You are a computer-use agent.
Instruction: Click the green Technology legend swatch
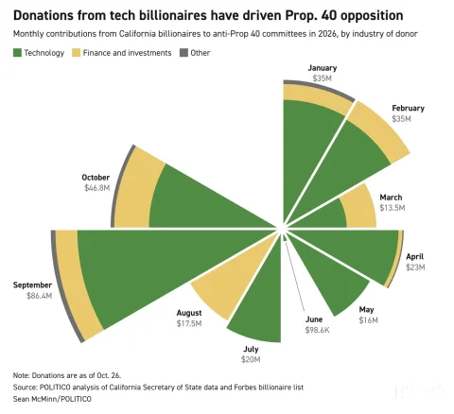pyautogui.click(x=17, y=53)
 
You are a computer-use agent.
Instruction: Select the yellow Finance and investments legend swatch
pyautogui.click(x=76, y=53)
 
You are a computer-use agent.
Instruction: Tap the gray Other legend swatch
pyautogui.click(x=183, y=53)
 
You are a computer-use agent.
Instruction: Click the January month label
pyautogui.click(x=323, y=68)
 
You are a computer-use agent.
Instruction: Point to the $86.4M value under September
pyautogui.click(x=39, y=296)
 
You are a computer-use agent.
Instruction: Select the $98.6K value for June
pyautogui.click(x=317, y=330)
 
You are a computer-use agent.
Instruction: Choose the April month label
pyautogui.click(x=414, y=256)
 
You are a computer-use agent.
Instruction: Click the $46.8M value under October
pyautogui.click(x=96, y=188)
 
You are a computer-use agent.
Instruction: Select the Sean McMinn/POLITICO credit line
pyautogui.click(x=52, y=399)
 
